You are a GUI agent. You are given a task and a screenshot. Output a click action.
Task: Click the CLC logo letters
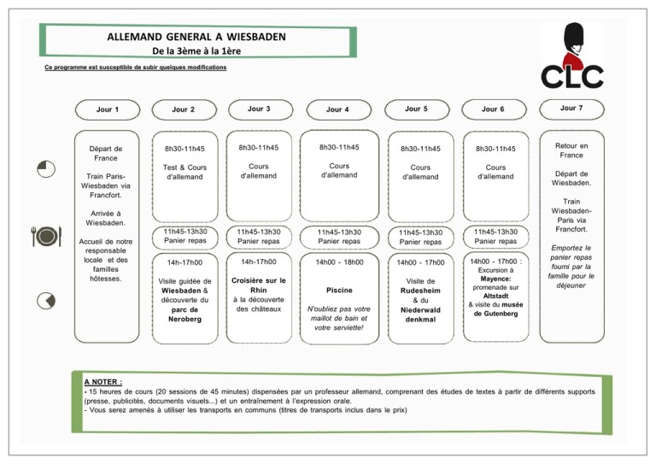coord(572,77)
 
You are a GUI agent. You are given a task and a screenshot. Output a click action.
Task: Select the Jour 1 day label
coord(108,109)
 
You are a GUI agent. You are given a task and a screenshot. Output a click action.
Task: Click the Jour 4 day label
coord(337,109)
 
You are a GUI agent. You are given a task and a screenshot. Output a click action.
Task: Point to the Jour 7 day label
coord(571,108)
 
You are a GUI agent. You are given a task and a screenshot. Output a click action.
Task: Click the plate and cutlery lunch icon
coord(46,236)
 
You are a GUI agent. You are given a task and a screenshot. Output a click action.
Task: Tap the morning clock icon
coord(46,169)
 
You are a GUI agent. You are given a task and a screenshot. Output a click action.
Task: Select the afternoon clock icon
coord(46,301)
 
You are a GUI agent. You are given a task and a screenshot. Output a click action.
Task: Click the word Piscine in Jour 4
coord(339,291)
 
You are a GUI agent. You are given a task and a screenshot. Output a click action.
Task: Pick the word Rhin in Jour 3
coord(259,290)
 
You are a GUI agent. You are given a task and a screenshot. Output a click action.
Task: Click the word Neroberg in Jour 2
coord(184,319)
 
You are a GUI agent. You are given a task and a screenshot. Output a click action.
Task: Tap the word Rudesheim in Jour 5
coord(420,291)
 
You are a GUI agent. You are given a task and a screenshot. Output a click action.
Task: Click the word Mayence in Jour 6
coord(495,279)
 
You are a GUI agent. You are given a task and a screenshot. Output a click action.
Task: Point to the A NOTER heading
coord(103,382)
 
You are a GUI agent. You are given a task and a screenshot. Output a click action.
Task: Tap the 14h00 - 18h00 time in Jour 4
coord(339,262)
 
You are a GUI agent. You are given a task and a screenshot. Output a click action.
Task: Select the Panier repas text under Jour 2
coord(184,241)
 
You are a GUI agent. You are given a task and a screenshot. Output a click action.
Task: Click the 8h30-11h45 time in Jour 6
coord(495,149)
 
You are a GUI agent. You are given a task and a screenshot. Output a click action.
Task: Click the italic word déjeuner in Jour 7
coord(571,285)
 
